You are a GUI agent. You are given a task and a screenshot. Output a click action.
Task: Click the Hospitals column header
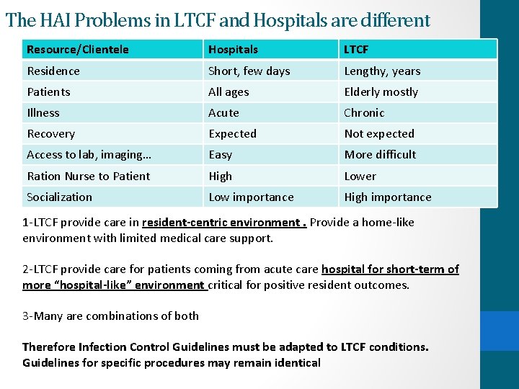coord(233,50)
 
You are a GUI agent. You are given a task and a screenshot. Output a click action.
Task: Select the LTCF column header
coord(356,50)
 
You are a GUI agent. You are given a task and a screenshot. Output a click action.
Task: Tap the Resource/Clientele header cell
coord(78,50)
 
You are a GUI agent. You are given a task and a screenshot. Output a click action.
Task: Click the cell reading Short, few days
coord(249,71)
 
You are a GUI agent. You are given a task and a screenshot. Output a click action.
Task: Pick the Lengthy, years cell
coord(382,71)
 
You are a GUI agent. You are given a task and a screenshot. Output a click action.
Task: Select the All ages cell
coord(229,91)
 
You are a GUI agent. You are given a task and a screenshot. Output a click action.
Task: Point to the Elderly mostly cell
coord(381,91)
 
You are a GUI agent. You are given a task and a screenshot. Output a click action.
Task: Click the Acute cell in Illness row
coord(223,112)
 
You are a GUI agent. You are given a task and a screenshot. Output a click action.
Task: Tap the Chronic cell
coord(364,112)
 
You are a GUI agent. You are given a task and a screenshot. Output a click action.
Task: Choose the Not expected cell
coord(379,133)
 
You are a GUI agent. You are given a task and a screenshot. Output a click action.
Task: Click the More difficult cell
coord(380,154)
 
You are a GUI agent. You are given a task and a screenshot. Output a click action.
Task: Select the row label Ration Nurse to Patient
coord(88,176)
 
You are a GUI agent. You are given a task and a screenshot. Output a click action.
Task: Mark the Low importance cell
coord(251,197)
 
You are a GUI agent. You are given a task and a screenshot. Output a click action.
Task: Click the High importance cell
coord(388,197)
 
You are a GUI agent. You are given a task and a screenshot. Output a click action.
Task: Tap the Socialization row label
coord(59,197)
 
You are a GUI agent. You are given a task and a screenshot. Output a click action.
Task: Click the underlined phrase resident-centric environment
coord(223,222)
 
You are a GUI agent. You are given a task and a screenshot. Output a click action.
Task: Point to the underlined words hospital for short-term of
coord(389,269)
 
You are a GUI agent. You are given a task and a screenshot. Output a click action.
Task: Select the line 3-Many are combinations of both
coord(110,316)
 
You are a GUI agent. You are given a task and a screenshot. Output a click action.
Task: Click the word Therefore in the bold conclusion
coord(49,346)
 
